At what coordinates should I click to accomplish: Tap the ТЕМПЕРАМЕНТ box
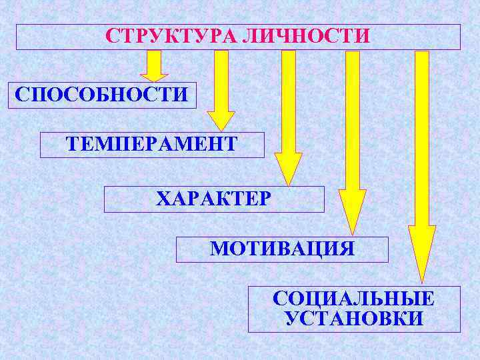pyautogui.click(x=152, y=144)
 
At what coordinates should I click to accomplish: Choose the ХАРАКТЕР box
pyautogui.click(x=214, y=199)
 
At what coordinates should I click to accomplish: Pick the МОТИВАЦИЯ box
pyautogui.click(x=282, y=249)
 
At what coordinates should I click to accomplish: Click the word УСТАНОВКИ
pyautogui.click(x=354, y=319)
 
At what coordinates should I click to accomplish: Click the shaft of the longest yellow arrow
pyautogui.click(x=422, y=133)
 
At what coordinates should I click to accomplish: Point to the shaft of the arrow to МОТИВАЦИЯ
pyautogui.click(x=353, y=120)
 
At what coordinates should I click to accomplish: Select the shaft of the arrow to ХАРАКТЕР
pyautogui.click(x=289, y=100)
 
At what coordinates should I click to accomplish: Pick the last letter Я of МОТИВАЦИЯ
pyautogui.click(x=346, y=249)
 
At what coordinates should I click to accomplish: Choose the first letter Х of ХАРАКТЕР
pyautogui.click(x=163, y=199)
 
